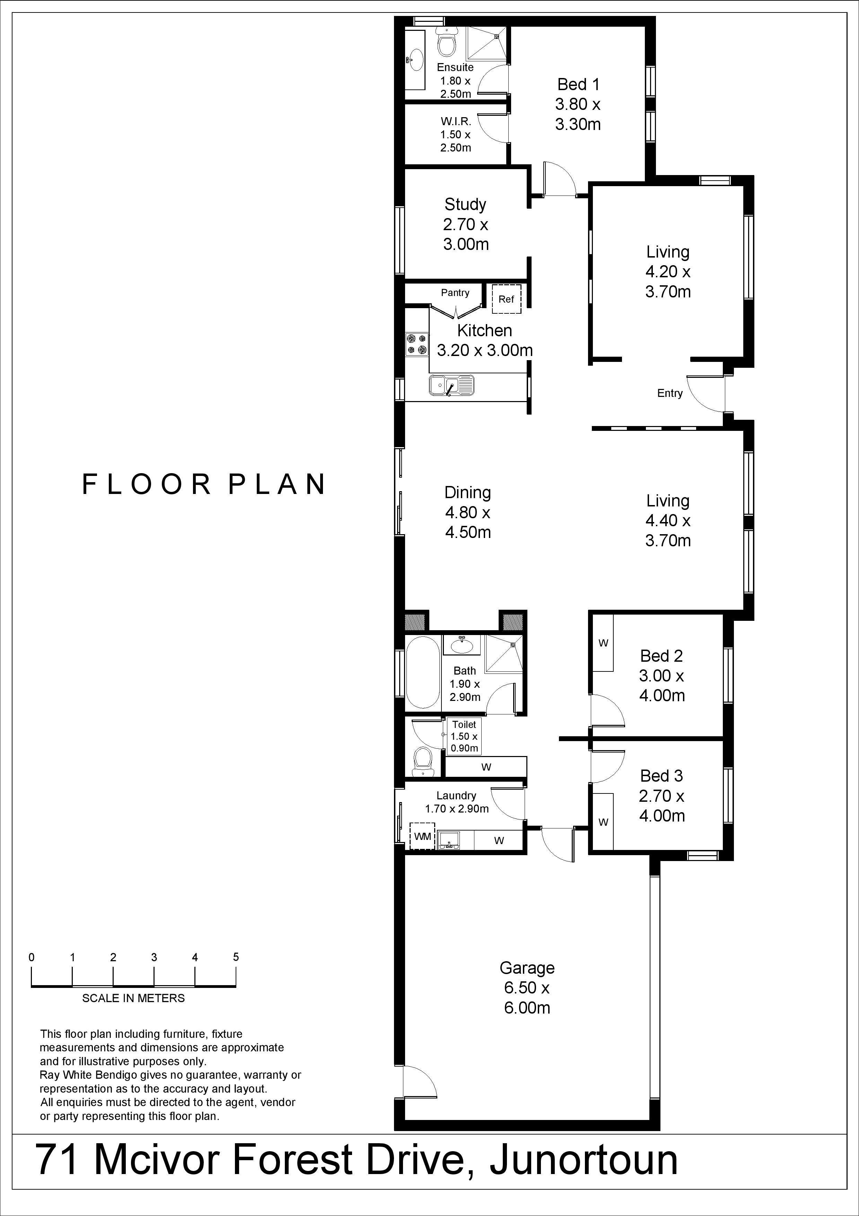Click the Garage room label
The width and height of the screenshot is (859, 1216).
coord(527,968)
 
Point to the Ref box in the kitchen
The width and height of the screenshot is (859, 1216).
coord(507,299)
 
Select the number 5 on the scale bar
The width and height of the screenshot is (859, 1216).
coord(236,957)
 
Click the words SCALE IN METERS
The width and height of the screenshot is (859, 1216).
coord(133,998)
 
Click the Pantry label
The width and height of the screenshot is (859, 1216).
coord(455,293)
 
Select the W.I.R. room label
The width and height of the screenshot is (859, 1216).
coord(456,121)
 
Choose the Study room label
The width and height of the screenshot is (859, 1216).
coord(465,205)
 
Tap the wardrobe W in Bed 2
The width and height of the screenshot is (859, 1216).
coord(603,643)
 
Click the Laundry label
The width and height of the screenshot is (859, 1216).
coord(456,796)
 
